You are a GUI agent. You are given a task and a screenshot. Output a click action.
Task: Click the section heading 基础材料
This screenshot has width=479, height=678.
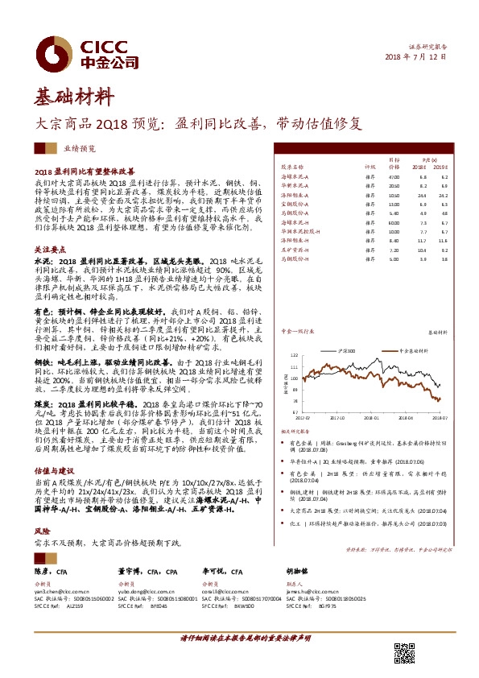click(73, 98)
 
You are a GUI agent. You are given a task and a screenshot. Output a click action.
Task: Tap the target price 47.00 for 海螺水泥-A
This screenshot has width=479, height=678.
click(394, 176)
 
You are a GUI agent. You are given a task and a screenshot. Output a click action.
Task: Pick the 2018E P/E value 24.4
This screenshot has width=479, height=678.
click(423, 195)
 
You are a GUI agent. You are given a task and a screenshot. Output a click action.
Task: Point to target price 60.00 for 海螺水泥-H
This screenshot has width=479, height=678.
click(394, 222)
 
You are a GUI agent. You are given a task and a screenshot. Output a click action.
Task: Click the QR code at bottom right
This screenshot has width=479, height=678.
click(404, 653)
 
